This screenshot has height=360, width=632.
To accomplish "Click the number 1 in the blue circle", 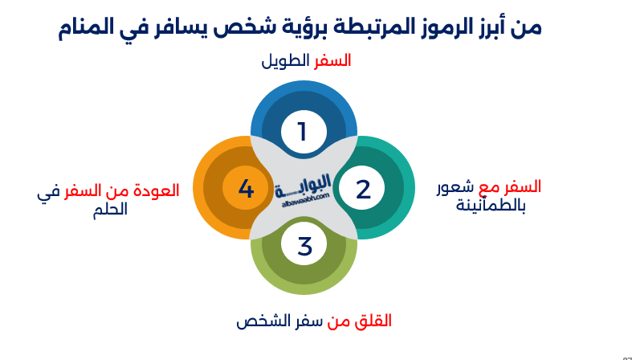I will [x=303, y=132].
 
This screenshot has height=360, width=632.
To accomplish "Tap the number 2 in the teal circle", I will [x=363, y=190].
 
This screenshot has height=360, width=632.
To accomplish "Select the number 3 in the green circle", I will [x=304, y=247].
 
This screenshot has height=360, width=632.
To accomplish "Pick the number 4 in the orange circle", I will [x=246, y=190].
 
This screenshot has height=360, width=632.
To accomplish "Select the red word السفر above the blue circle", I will [x=332, y=61].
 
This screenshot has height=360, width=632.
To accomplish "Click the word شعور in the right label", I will [x=455, y=187].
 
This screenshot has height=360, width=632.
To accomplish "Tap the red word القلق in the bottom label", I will [x=373, y=321].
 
